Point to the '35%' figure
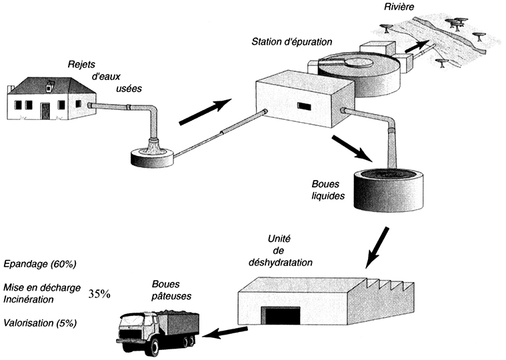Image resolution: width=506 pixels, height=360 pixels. [99, 294]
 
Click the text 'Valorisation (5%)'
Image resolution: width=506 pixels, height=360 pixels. [41, 323]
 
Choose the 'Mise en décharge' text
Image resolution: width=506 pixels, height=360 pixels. [42, 288]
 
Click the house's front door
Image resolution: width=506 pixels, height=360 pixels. [45, 110]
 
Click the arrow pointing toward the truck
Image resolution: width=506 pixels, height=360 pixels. [224, 331]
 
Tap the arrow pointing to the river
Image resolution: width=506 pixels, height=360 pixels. [418, 47]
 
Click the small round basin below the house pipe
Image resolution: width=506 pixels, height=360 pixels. [153, 157]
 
